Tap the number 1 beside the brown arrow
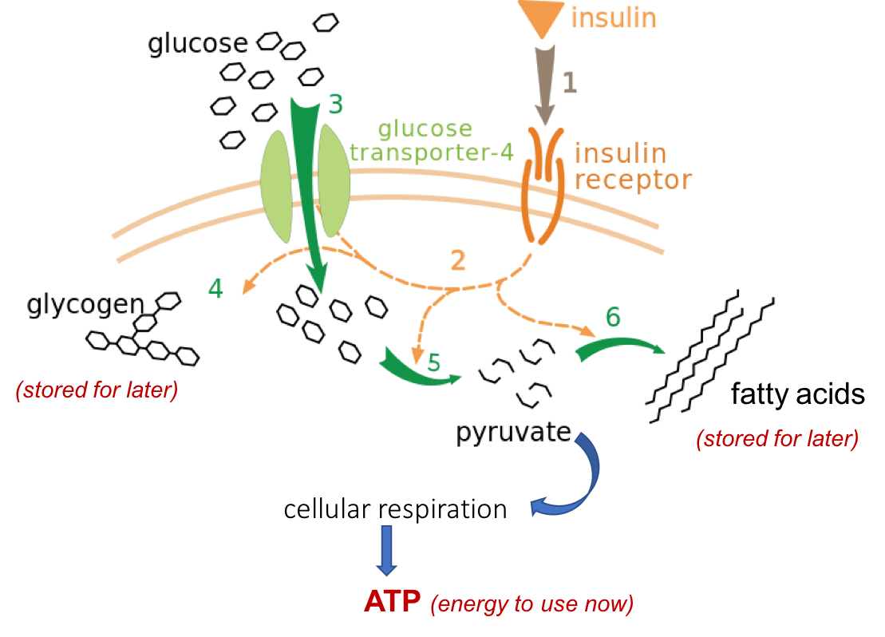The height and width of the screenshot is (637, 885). point(570,82)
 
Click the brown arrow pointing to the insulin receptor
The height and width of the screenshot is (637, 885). point(545,85)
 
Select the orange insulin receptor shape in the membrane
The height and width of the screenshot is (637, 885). point(543,185)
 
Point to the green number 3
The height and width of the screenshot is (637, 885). point(336,105)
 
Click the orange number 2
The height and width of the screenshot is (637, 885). point(458,260)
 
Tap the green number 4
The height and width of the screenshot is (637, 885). point(215,289)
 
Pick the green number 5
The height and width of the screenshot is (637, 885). point(433,362)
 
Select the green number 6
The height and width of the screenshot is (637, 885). point(613,317)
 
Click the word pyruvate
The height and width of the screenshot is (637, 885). point(514,433)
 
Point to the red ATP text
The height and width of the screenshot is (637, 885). point(393,601)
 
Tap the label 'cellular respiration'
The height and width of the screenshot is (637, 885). point(395,508)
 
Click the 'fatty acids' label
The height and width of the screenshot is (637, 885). point(797,394)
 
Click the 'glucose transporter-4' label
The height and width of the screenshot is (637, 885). point(432,140)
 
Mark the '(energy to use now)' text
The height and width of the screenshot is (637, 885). point(531,603)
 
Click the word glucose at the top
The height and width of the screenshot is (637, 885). point(198,43)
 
